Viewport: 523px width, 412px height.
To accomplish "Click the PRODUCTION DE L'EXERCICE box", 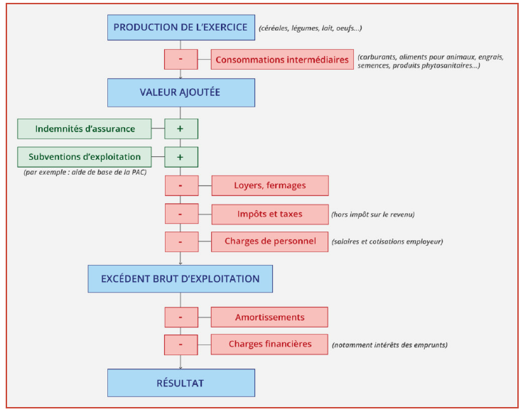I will click(x=180, y=28).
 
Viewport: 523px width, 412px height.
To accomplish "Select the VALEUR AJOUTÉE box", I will click(x=180, y=92).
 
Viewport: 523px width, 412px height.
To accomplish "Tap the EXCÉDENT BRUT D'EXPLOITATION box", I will click(x=180, y=278).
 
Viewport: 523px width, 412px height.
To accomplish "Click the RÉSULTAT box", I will click(x=180, y=383).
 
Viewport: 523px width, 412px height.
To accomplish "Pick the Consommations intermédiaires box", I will click(x=282, y=60).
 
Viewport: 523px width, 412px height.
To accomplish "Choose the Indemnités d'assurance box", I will click(x=85, y=129).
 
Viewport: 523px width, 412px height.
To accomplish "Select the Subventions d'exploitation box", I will click(x=85, y=157).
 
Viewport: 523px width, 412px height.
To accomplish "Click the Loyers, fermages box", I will click(x=270, y=185).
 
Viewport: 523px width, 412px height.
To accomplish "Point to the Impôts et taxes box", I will click(x=270, y=214).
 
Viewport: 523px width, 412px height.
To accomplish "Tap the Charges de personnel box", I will click(x=270, y=242).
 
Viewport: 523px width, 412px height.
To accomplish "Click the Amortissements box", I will click(x=270, y=317).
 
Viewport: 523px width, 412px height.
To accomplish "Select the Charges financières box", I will click(x=270, y=345).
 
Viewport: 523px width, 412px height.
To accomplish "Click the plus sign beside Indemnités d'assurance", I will click(x=180, y=129).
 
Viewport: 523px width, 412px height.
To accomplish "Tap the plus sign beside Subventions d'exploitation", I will click(x=180, y=157).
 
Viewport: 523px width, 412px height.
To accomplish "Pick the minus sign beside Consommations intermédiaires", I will click(x=180, y=60).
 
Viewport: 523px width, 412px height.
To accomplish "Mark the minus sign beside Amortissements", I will click(x=180, y=317).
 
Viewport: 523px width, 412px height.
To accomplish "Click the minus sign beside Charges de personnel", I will click(x=180, y=242).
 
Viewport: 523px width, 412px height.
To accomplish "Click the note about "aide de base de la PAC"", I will click(x=85, y=173).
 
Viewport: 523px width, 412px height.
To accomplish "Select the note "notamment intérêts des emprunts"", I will click(x=389, y=345).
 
